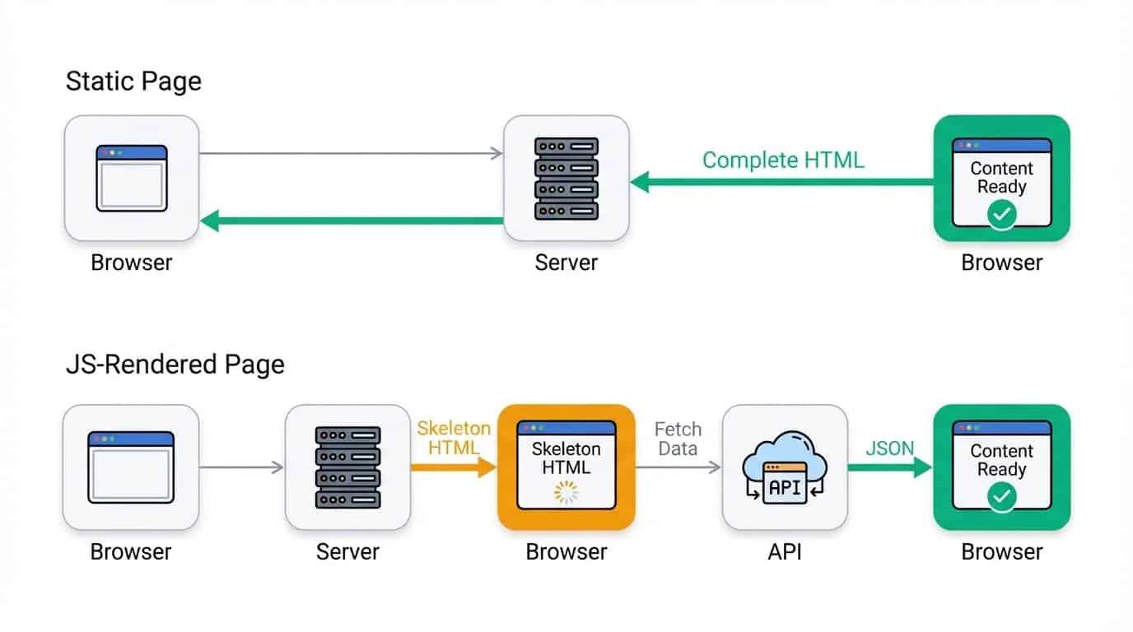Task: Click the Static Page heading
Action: click(x=133, y=82)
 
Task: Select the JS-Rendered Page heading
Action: click(x=175, y=365)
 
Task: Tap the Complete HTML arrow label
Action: click(x=782, y=160)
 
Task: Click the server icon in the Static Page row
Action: click(x=566, y=178)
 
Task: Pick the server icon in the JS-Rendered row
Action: click(x=347, y=467)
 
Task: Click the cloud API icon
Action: click(x=784, y=467)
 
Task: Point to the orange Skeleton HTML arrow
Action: click(x=454, y=467)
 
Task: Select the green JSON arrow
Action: click(x=889, y=467)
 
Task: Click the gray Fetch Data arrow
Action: click(x=678, y=467)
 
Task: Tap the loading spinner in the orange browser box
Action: click(x=566, y=492)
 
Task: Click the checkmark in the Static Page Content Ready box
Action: click(x=1001, y=215)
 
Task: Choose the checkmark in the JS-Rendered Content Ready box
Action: click(x=1001, y=497)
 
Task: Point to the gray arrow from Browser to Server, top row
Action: click(x=351, y=153)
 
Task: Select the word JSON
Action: click(x=889, y=448)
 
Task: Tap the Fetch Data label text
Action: click(x=678, y=439)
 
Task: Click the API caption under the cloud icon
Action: click(x=784, y=551)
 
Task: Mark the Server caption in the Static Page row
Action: click(x=566, y=263)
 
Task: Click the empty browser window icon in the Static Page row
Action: click(x=132, y=178)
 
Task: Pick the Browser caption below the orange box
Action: click(x=566, y=551)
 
